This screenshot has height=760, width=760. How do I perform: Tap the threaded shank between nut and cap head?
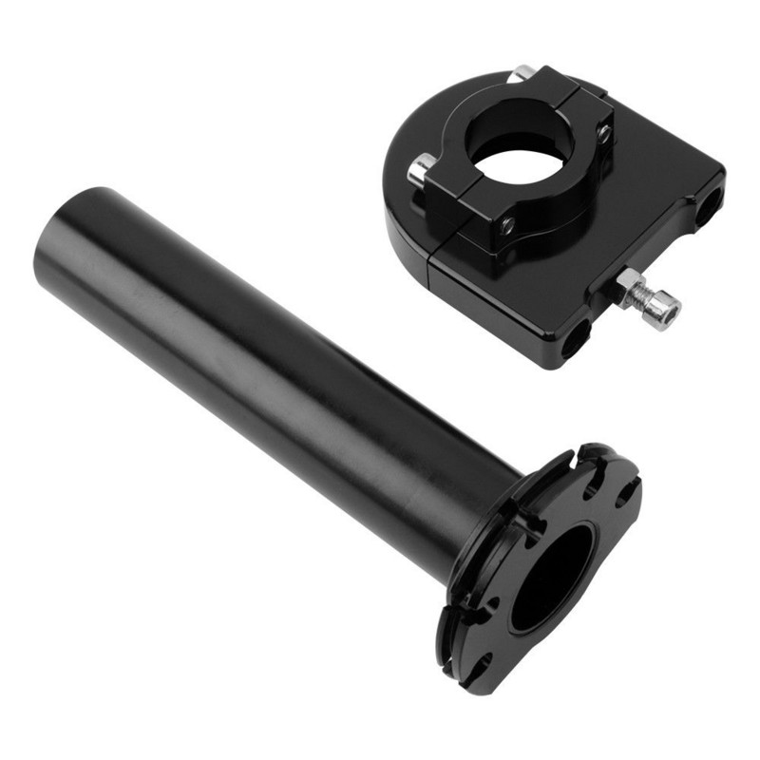click(x=646, y=296)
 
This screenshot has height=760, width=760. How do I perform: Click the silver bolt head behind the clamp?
click(x=522, y=72)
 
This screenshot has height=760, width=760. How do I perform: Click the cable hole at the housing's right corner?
click(x=708, y=204)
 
